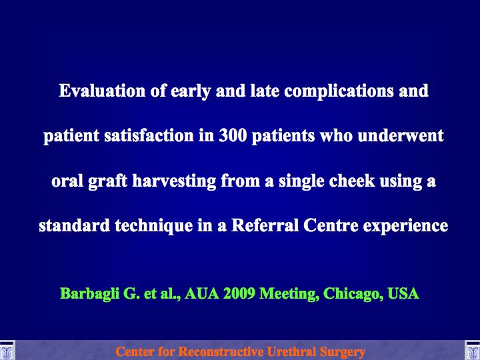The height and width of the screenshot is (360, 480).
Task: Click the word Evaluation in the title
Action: [x=102, y=91]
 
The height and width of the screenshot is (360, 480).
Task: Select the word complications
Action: [x=339, y=91]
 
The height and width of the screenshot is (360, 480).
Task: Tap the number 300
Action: [x=233, y=135]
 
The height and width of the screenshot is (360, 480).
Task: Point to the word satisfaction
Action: [x=149, y=135]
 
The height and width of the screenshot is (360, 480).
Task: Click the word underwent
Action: [x=401, y=135]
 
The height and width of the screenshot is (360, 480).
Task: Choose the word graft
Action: [x=107, y=181]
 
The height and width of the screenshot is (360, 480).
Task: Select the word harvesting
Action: [x=174, y=181]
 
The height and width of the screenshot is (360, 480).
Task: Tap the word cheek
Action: [x=352, y=181]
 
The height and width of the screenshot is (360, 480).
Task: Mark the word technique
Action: [x=154, y=226]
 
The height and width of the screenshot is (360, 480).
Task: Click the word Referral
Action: [x=265, y=225]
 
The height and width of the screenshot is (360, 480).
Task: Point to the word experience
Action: [x=405, y=226]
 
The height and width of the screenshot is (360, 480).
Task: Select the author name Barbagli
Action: [x=89, y=293]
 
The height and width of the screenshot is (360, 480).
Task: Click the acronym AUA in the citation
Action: [x=202, y=293]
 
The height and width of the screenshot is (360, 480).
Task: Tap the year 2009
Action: [x=239, y=293]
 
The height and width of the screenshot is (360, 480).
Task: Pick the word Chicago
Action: [x=353, y=294]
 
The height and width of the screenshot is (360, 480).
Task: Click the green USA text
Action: [x=403, y=293]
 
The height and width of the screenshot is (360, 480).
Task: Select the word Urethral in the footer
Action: [x=291, y=351]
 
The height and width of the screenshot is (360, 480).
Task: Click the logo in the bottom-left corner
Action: [x=7, y=351]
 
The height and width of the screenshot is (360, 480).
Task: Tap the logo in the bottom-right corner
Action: [x=473, y=351]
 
